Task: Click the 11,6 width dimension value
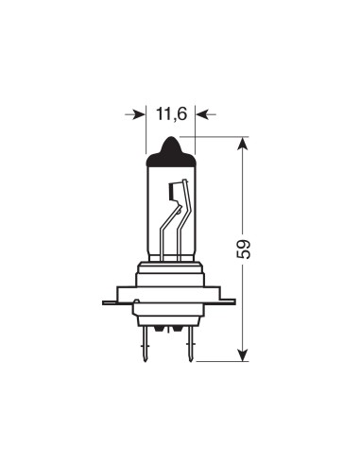[171, 114]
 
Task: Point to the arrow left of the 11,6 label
[135, 114]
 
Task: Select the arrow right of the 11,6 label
[205, 114]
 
